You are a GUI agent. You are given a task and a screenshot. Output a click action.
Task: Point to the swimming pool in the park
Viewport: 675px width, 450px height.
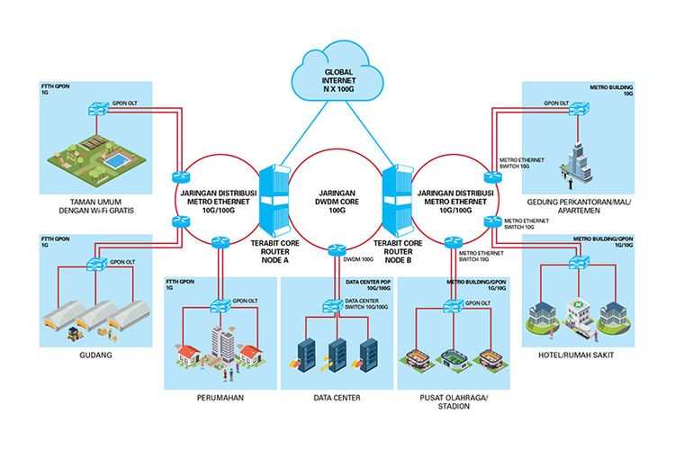click(x=117, y=159)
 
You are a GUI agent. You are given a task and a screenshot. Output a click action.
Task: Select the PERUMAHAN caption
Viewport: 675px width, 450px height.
click(x=220, y=396)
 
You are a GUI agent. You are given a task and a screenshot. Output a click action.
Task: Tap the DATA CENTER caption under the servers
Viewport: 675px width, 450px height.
click(x=338, y=396)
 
